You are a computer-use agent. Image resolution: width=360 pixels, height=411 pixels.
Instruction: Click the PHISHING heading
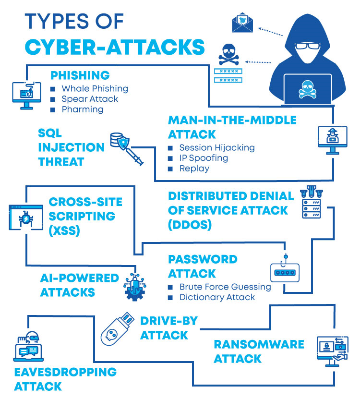[x=80, y=75]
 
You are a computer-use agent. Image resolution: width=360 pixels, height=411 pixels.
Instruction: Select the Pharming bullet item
[x=82, y=109]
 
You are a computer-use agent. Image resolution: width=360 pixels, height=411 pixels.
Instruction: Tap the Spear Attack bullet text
[x=90, y=99]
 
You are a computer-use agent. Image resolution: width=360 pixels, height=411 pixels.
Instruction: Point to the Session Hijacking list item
[x=217, y=147]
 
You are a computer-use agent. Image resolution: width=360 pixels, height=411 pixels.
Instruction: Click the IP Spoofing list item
[x=204, y=158]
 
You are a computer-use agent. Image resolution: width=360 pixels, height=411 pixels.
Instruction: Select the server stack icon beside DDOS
[x=311, y=204]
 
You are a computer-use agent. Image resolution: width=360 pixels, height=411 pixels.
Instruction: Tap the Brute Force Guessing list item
[x=225, y=287]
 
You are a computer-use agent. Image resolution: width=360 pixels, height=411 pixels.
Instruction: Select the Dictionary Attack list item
[x=217, y=298]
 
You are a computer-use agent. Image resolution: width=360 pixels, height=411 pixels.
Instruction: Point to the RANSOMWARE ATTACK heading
[x=259, y=351]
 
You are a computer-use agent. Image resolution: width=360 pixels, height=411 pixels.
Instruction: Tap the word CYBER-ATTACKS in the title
[x=115, y=47]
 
